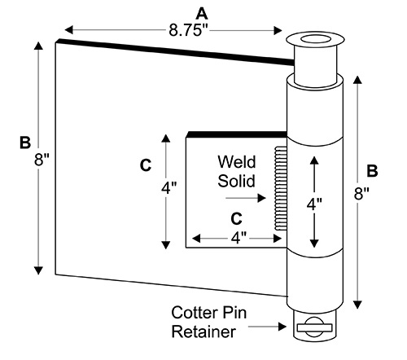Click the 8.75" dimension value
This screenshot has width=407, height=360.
pos(188,30)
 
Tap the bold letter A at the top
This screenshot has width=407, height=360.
pos(202,14)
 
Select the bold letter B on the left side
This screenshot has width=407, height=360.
pos(25,143)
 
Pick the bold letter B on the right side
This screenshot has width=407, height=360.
pos(372,171)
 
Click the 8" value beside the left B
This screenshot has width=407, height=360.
pos(42,159)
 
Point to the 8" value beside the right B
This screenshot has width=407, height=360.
pos(361,194)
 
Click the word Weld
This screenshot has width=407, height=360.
pos(237,162)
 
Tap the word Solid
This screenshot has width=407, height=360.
pos(236,181)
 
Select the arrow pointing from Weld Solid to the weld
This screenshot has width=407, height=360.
pos(246,198)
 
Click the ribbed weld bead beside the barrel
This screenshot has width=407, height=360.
pos(281,189)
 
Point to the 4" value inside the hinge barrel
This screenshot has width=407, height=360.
pos(314,204)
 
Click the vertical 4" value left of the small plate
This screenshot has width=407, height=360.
pos(169,187)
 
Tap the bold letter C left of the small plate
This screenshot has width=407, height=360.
pos(146,165)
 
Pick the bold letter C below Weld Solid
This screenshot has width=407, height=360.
pos(236,218)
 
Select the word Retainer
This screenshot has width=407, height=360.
pos(203,331)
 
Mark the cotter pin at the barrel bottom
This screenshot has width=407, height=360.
pos(315,327)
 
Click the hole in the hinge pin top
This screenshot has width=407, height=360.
pos(316,39)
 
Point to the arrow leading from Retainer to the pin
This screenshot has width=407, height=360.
pos(267,327)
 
